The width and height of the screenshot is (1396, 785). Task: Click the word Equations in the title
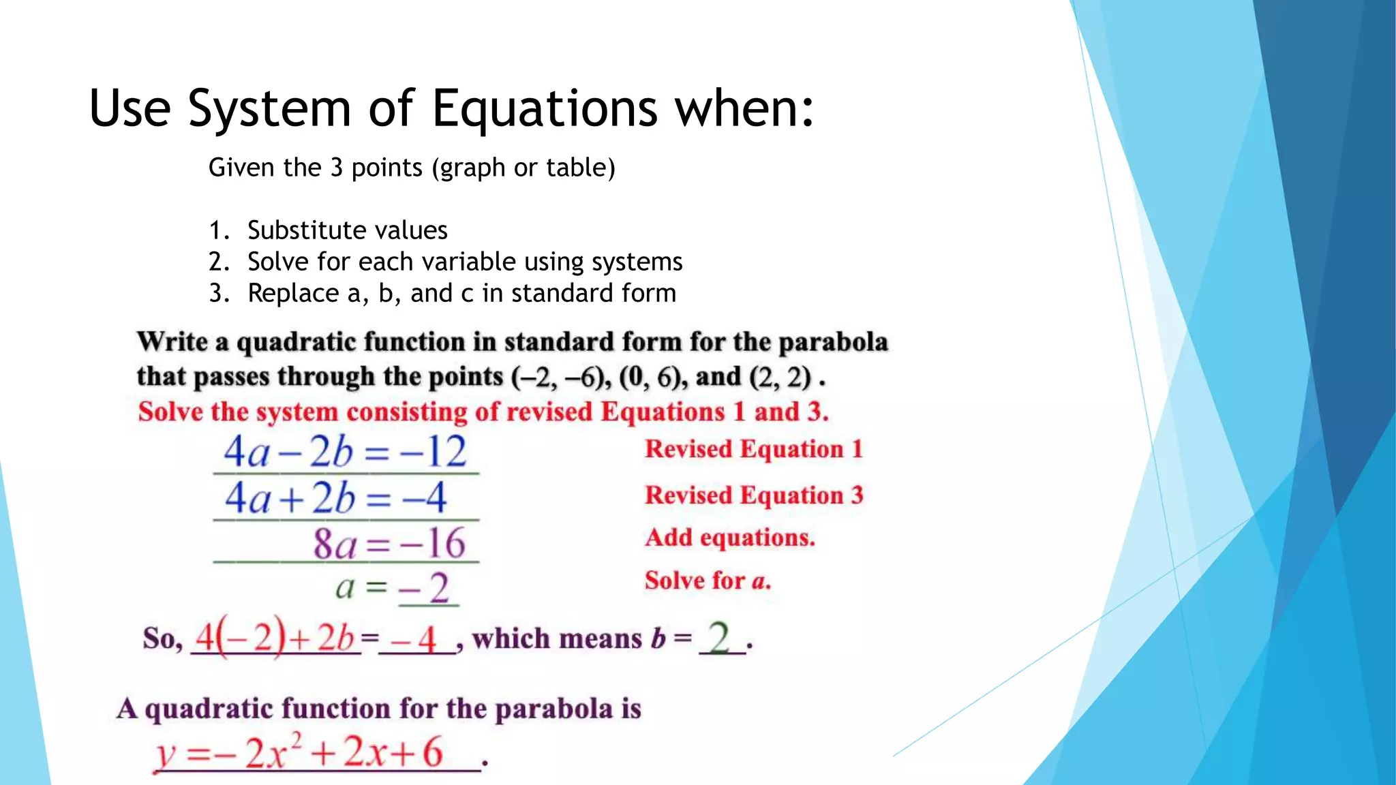545,109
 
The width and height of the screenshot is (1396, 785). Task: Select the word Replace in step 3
292,293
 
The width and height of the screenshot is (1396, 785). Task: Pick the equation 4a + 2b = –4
336,497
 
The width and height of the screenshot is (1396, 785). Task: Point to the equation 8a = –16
389,544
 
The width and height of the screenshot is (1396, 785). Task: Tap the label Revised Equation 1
754,449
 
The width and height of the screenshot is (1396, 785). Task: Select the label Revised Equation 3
754,495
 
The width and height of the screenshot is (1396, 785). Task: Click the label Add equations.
730,538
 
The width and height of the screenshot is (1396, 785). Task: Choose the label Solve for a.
708,581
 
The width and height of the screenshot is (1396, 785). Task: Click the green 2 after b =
720,638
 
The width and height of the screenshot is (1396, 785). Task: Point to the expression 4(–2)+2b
275,638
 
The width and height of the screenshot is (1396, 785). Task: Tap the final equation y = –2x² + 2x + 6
300,753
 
